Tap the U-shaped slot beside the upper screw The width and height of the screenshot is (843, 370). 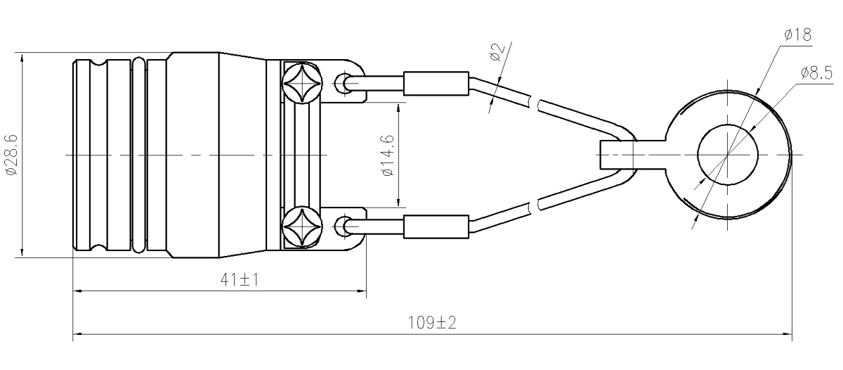[x=346, y=85]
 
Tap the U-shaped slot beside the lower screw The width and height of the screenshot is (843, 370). [x=346, y=226]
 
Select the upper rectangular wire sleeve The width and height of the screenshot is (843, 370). [x=436, y=84]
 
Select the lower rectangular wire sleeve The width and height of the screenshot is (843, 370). [x=436, y=227]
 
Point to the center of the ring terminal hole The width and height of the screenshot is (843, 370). [x=728, y=155]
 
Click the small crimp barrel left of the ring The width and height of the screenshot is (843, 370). [x=618, y=155]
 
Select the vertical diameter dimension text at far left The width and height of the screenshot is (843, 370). [x=11, y=154]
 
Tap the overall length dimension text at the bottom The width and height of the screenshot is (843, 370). [x=433, y=324]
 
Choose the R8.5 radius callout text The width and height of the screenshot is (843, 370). [x=816, y=72]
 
